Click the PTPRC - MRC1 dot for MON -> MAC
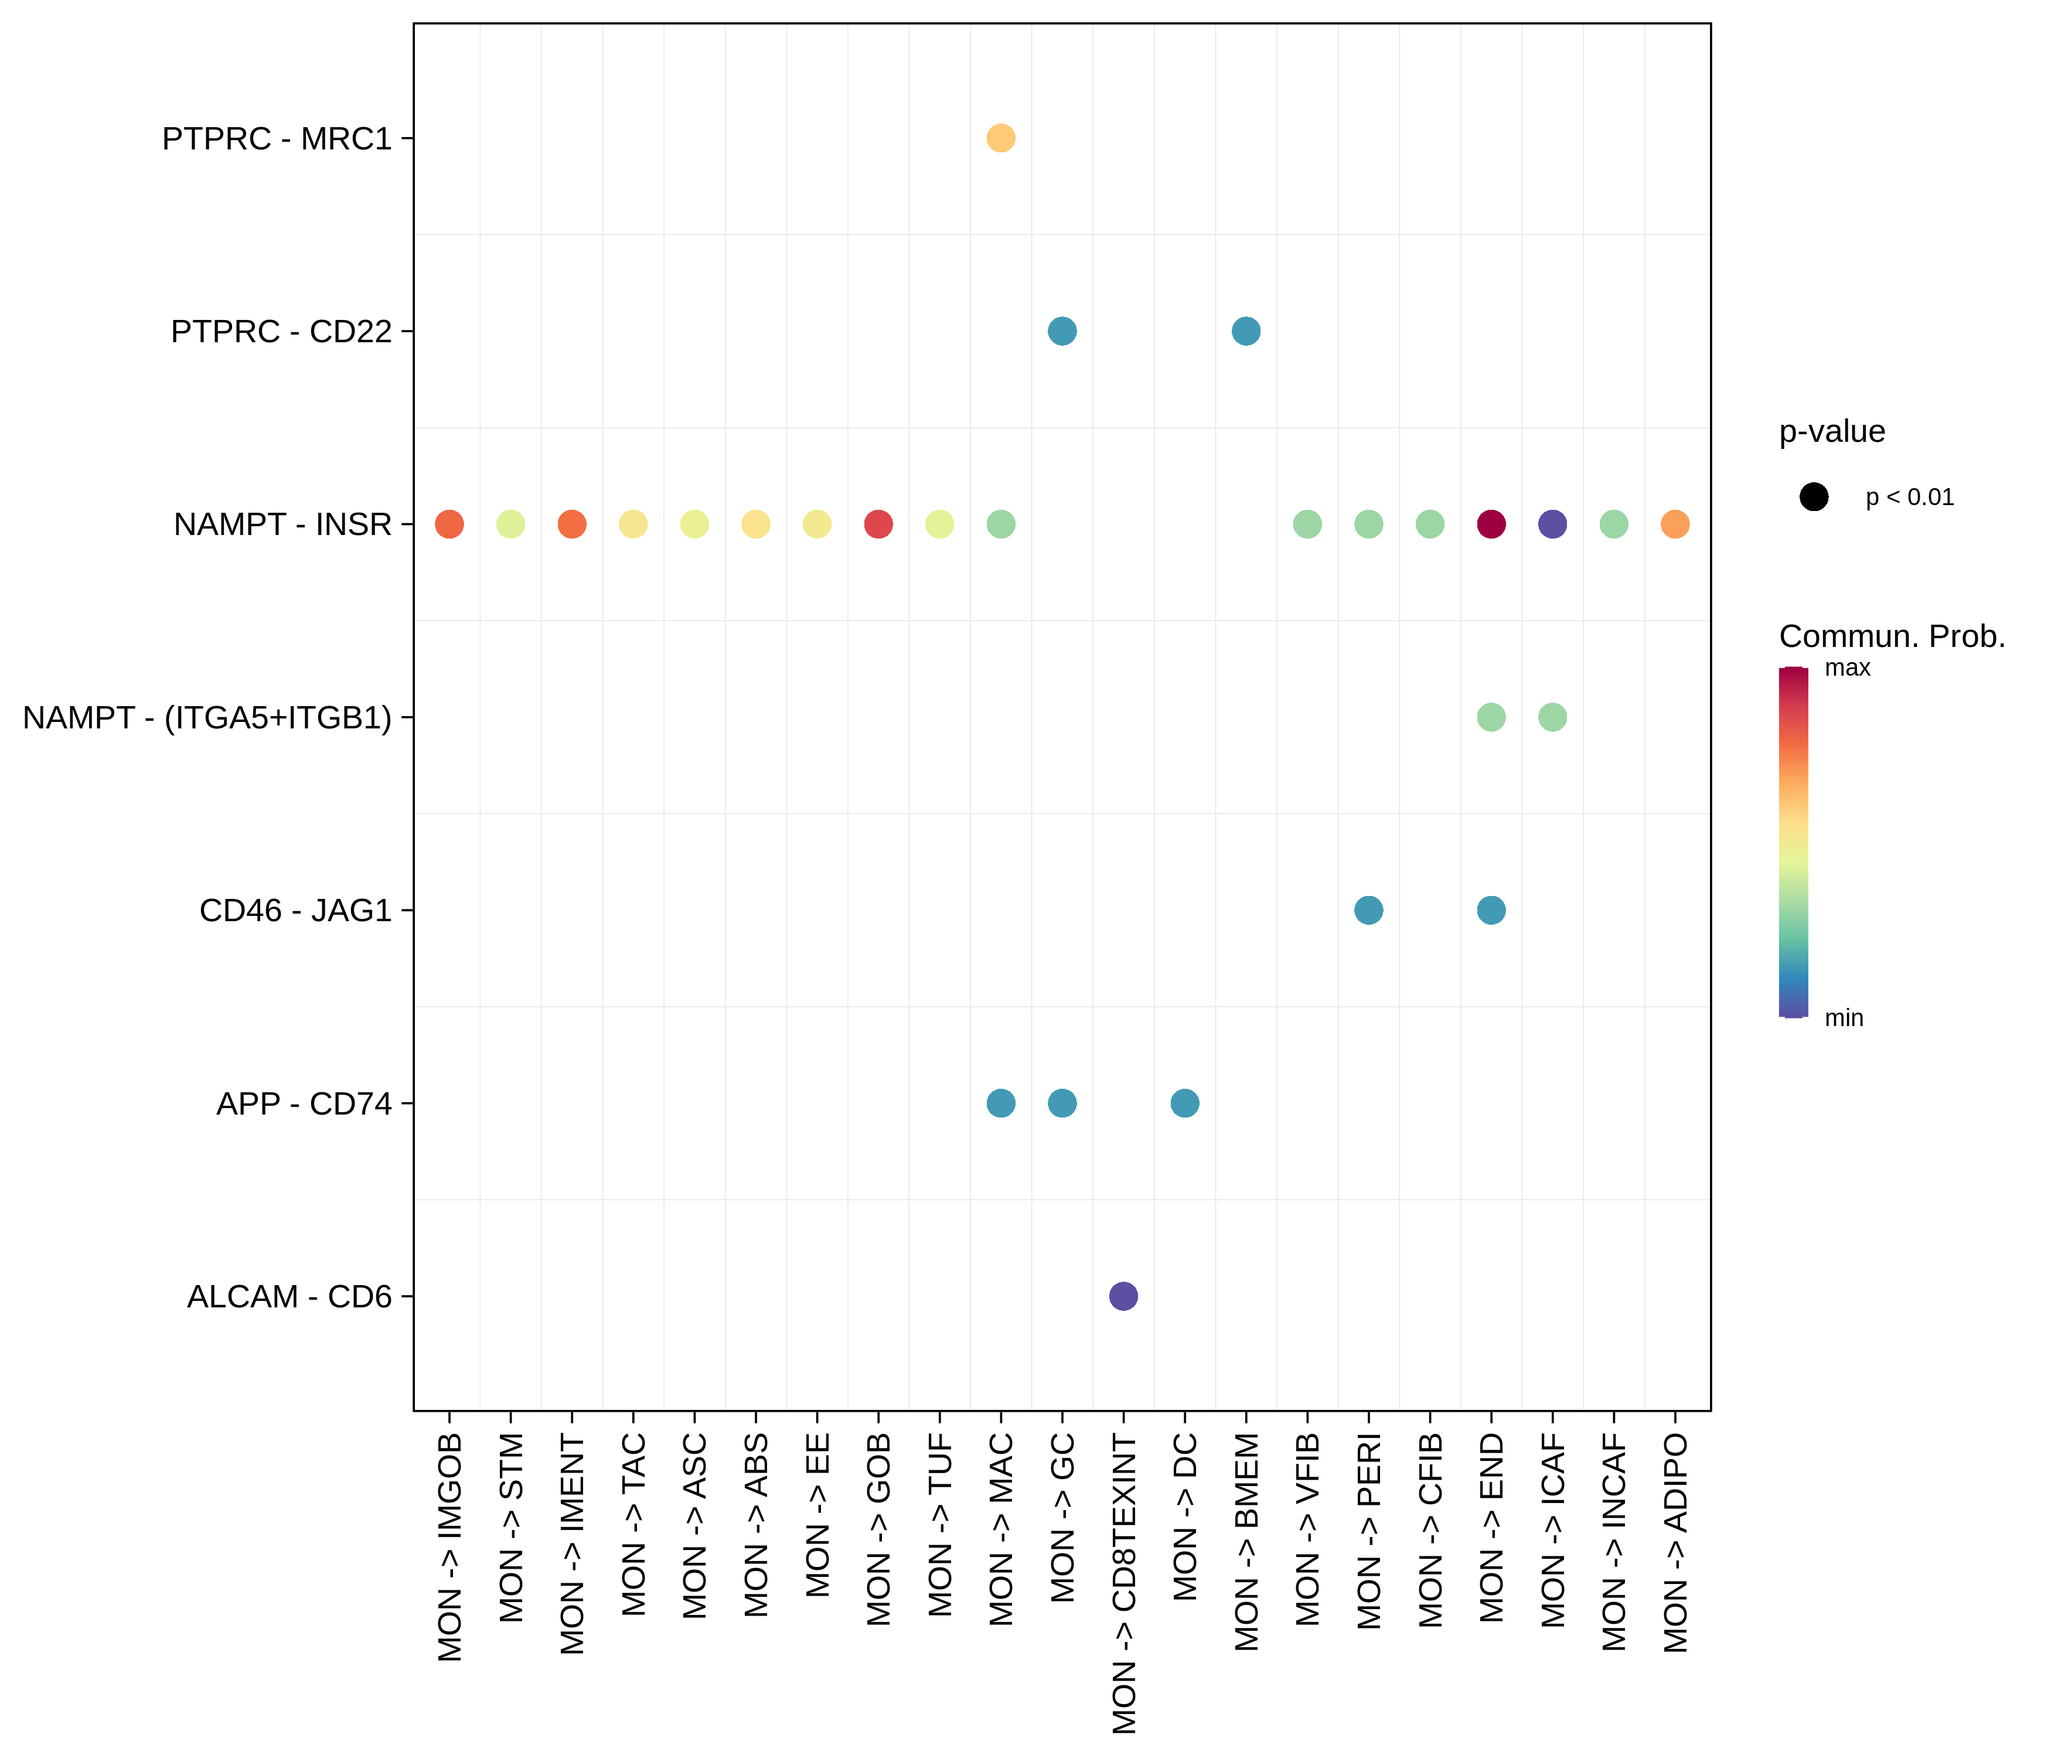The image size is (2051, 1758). click(x=1001, y=138)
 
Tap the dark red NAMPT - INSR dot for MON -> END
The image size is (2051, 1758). click(x=1491, y=524)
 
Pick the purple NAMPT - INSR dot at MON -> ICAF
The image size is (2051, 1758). click(x=1552, y=524)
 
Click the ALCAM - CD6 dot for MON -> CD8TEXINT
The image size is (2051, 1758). click(x=1123, y=1296)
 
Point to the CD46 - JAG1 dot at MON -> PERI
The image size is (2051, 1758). click(x=1368, y=909)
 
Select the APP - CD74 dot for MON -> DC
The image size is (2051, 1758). click(x=1185, y=1103)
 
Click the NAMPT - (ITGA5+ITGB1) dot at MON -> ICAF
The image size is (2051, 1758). click(x=1552, y=717)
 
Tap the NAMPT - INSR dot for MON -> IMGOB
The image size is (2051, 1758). click(x=449, y=524)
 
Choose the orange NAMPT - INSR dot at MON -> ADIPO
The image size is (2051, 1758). click(x=1675, y=524)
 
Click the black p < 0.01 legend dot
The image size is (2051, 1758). click(x=1814, y=497)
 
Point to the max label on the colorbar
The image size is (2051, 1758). click(x=1847, y=668)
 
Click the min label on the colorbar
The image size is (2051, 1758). click(x=1843, y=1017)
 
